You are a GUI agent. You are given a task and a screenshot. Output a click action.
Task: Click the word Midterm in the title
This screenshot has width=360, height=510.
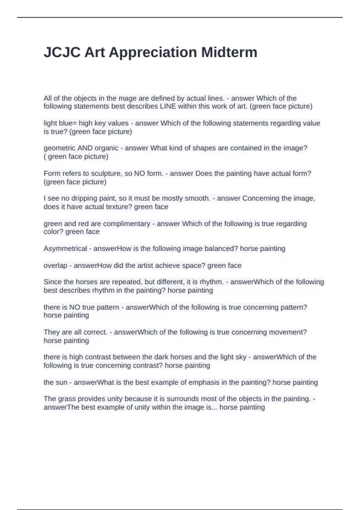point(229,52)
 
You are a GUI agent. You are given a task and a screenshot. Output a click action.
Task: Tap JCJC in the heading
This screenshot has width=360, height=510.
point(62,52)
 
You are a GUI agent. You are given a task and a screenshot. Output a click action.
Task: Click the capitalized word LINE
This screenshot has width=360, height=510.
point(168,106)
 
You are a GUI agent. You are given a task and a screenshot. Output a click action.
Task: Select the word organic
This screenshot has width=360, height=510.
point(106,148)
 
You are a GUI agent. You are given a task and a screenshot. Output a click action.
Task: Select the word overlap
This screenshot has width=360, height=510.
point(55,265)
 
